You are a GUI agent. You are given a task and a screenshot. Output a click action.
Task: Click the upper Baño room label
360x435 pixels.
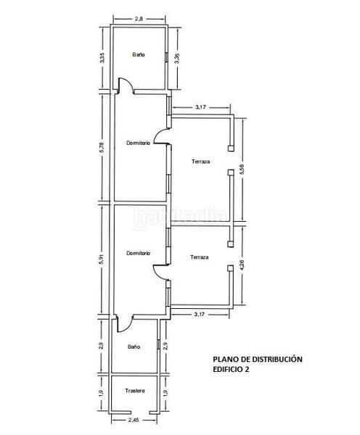[x=139, y=55]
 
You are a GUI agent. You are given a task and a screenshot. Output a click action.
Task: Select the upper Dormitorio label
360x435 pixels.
[x=138, y=143]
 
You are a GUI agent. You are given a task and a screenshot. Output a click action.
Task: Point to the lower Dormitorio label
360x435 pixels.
[x=138, y=253]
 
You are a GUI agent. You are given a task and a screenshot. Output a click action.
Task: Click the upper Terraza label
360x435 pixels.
[x=201, y=161]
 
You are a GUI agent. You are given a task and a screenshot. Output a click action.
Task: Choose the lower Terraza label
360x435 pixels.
[x=200, y=257]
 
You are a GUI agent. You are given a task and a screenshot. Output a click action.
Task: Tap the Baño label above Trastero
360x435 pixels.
[x=134, y=347]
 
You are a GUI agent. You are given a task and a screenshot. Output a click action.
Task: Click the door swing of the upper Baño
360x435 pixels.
[x=125, y=86]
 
